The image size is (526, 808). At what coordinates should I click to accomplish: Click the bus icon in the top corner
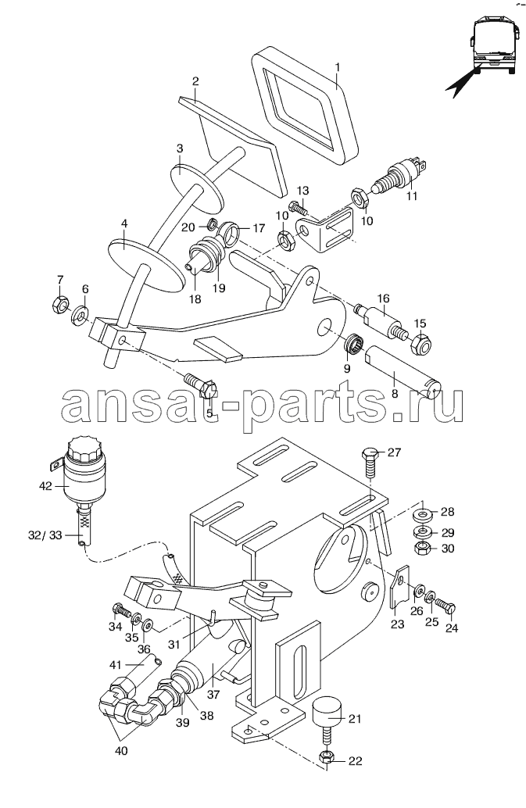click(x=493, y=48)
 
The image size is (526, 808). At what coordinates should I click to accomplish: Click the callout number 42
click(x=45, y=485)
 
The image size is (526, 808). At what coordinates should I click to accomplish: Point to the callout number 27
click(x=393, y=452)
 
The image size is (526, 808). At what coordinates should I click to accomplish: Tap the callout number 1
click(x=337, y=69)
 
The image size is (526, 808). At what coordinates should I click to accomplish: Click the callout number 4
click(x=123, y=223)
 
